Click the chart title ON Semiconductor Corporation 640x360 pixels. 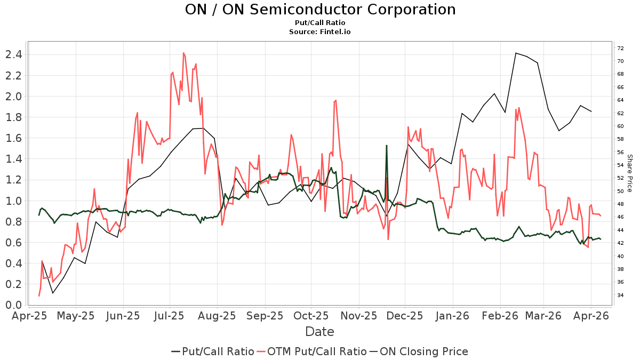(x=320, y=10)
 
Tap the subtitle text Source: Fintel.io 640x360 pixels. (x=320, y=32)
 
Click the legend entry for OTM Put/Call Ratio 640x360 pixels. (x=317, y=351)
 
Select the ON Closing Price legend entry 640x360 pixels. (x=423, y=351)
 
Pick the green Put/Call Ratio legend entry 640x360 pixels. (x=218, y=351)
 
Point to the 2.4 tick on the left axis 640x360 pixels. (x=12, y=54)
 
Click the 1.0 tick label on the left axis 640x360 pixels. (x=12, y=201)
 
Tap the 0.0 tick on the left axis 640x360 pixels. (x=12, y=305)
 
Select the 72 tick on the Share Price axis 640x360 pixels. (x=621, y=49)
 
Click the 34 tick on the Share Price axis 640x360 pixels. (x=621, y=295)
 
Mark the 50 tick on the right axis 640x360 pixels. (x=621, y=191)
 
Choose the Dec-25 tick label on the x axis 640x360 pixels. (x=405, y=316)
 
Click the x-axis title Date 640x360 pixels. (x=319, y=332)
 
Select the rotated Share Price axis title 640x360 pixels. (x=629, y=173)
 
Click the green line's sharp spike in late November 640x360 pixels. (x=387, y=145)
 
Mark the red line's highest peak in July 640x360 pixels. (x=183, y=53)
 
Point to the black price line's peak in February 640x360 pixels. (x=516, y=53)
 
